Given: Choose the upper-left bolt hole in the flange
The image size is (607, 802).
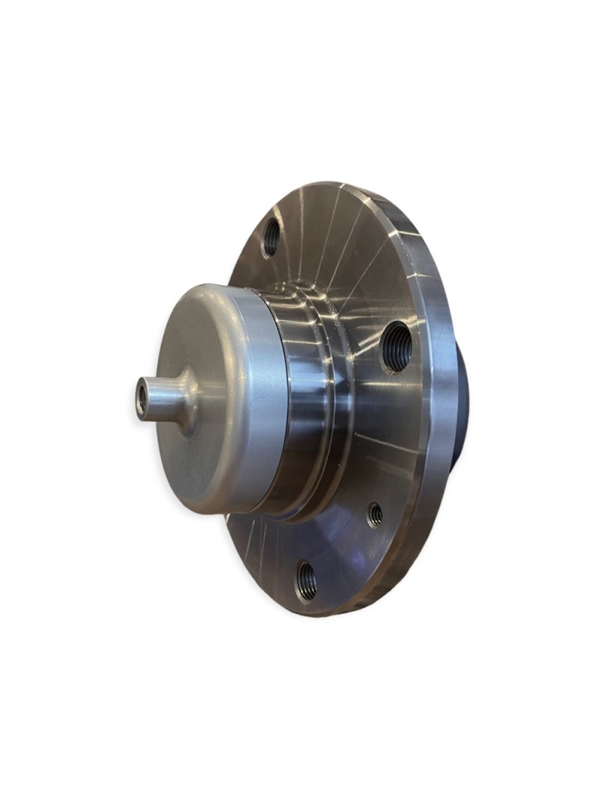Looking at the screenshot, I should (x=271, y=239).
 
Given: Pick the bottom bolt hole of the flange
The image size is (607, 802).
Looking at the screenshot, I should (x=305, y=580).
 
